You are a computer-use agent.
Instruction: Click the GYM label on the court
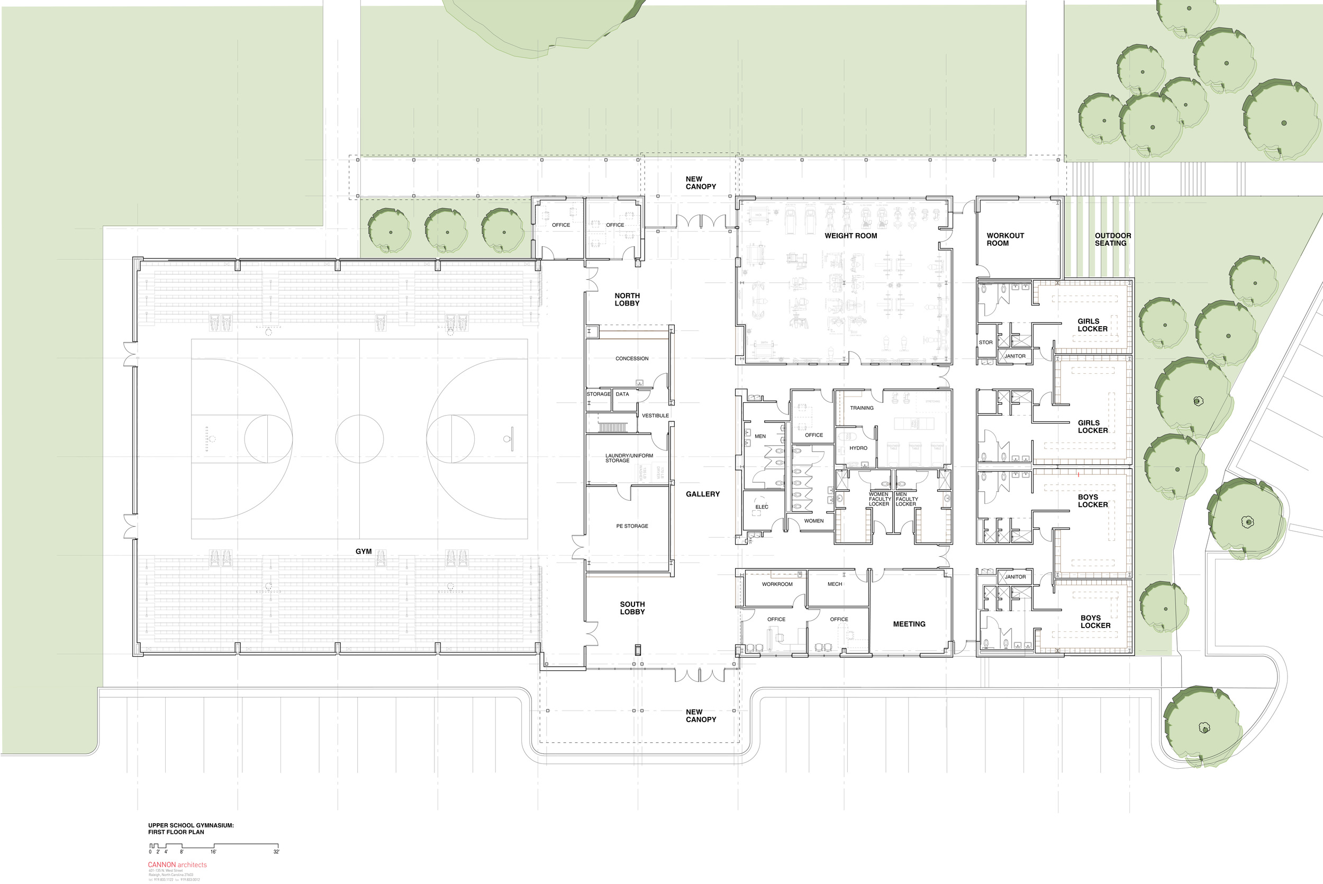click(364, 551)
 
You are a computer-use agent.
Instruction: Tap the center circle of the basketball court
click(359, 439)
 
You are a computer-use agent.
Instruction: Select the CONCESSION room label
click(632, 358)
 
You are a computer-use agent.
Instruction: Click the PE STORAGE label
click(632, 526)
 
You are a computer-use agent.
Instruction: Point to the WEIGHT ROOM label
click(851, 236)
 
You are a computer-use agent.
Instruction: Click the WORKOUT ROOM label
click(1005, 239)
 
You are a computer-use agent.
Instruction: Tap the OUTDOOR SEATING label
click(1112, 239)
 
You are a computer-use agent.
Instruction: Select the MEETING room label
click(909, 624)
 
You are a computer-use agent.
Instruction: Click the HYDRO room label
click(858, 448)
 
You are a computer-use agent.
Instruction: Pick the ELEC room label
click(762, 507)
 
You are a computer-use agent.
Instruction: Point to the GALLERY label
click(702, 494)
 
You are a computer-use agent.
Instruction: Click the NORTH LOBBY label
click(627, 299)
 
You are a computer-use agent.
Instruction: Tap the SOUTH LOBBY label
click(632, 608)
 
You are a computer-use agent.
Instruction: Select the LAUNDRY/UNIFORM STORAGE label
click(629, 458)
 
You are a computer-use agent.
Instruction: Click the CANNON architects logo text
click(177, 865)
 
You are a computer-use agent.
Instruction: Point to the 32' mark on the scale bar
click(276, 852)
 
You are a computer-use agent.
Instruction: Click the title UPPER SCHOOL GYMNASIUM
click(191, 825)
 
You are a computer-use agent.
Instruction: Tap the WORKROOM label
click(777, 584)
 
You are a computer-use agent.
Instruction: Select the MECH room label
click(835, 584)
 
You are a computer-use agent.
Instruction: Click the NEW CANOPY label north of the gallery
click(700, 182)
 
